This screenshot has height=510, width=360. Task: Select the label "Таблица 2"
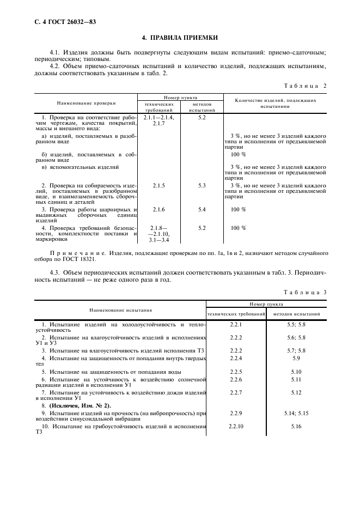point(306,86)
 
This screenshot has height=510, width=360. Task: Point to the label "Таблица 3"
point(306,292)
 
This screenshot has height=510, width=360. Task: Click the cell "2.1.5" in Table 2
point(159,185)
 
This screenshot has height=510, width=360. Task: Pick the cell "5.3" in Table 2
point(202,185)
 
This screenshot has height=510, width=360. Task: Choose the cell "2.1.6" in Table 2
point(159,209)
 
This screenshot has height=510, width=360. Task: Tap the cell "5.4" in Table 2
point(202,209)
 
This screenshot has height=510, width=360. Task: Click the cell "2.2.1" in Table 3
point(236,325)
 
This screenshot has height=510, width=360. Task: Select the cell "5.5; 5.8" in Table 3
point(296,325)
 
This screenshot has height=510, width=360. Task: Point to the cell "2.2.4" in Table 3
point(236,358)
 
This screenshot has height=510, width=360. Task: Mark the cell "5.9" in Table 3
point(296,358)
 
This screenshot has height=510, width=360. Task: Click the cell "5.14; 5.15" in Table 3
point(296,414)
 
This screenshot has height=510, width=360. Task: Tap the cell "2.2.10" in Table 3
point(236,425)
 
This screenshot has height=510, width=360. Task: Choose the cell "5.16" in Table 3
point(296,425)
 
